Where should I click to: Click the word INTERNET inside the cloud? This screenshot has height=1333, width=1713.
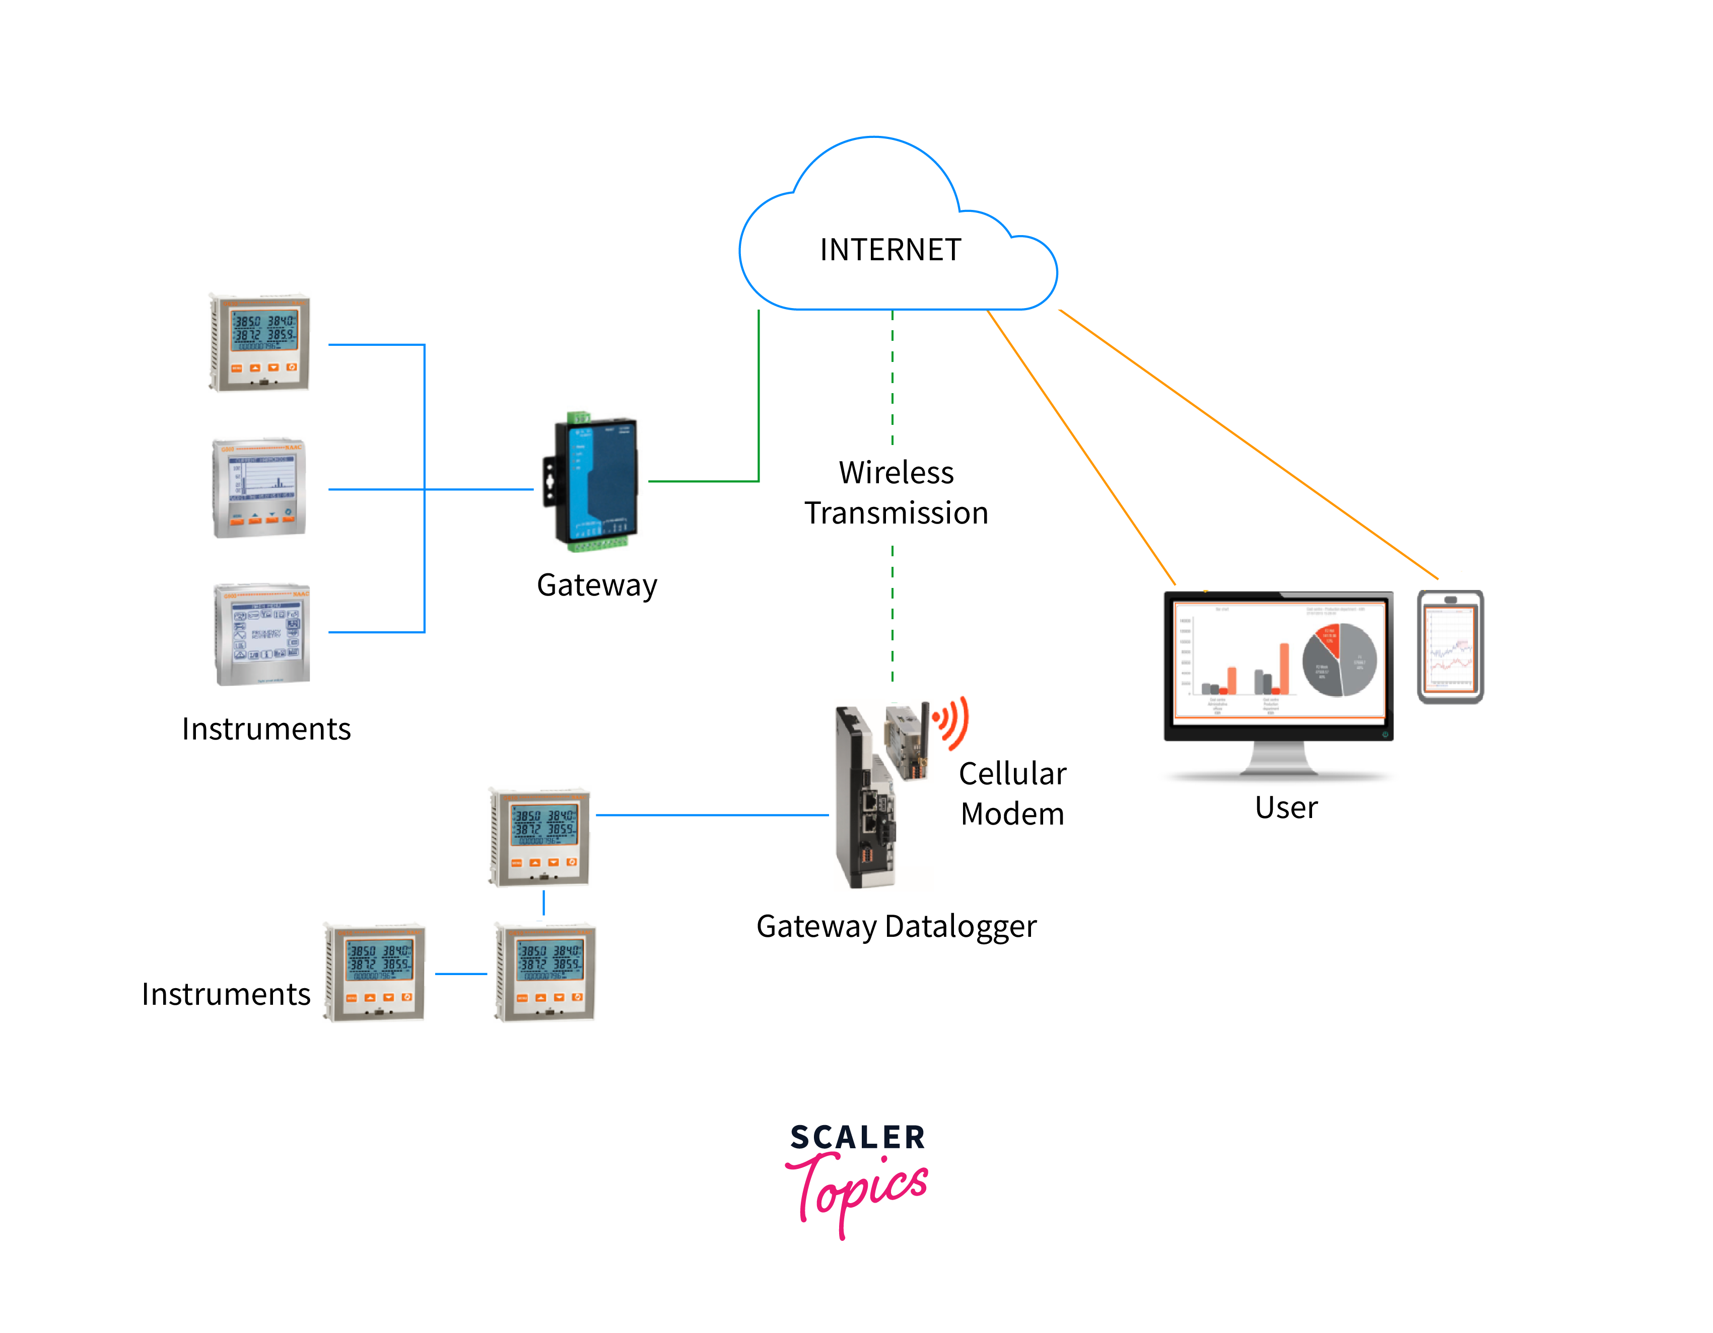889,250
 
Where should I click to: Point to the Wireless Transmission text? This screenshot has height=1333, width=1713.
896,492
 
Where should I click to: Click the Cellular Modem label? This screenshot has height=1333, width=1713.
1012,793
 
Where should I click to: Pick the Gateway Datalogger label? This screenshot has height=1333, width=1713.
896,926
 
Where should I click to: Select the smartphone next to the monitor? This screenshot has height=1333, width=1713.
1450,647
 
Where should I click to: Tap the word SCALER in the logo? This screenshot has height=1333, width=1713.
857,1137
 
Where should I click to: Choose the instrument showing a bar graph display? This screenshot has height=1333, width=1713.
259,488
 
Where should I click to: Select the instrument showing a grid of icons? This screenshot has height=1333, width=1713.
263,634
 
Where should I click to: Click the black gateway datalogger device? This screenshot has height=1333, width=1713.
863,800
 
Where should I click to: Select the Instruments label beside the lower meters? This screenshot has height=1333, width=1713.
226,994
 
